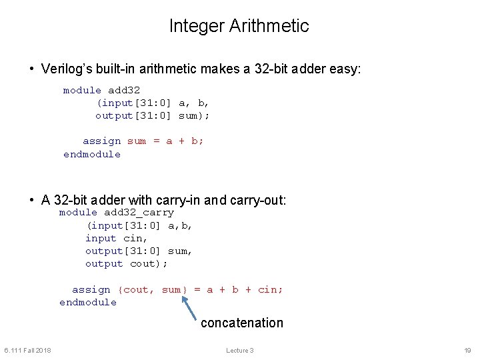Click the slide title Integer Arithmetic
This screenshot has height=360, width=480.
click(239, 26)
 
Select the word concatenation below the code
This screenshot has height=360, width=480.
click(242, 323)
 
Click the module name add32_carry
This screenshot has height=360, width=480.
click(139, 213)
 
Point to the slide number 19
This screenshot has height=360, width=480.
click(467, 351)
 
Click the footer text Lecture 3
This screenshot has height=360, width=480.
click(240, 351)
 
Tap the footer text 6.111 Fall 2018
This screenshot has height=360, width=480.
click(28, 351)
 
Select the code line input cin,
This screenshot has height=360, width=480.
click(116, 238)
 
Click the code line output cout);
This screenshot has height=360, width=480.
click(127, 264)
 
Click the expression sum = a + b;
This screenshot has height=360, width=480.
click(166, 141)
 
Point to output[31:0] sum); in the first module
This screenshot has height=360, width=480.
click(153, 116)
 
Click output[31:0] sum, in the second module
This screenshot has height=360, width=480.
click(139, 251)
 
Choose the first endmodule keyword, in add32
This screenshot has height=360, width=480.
click(92, 155)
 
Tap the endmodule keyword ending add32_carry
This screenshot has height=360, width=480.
click(88, 303)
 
